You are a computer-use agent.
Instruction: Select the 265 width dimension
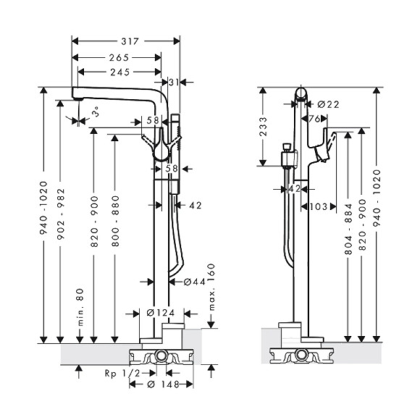[119, 57]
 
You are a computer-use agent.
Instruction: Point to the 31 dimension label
[173, 82]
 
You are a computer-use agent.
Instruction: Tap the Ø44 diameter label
[185, 281]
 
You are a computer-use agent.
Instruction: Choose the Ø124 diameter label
[159, 313]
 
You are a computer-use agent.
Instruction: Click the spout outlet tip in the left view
[75, 95]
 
